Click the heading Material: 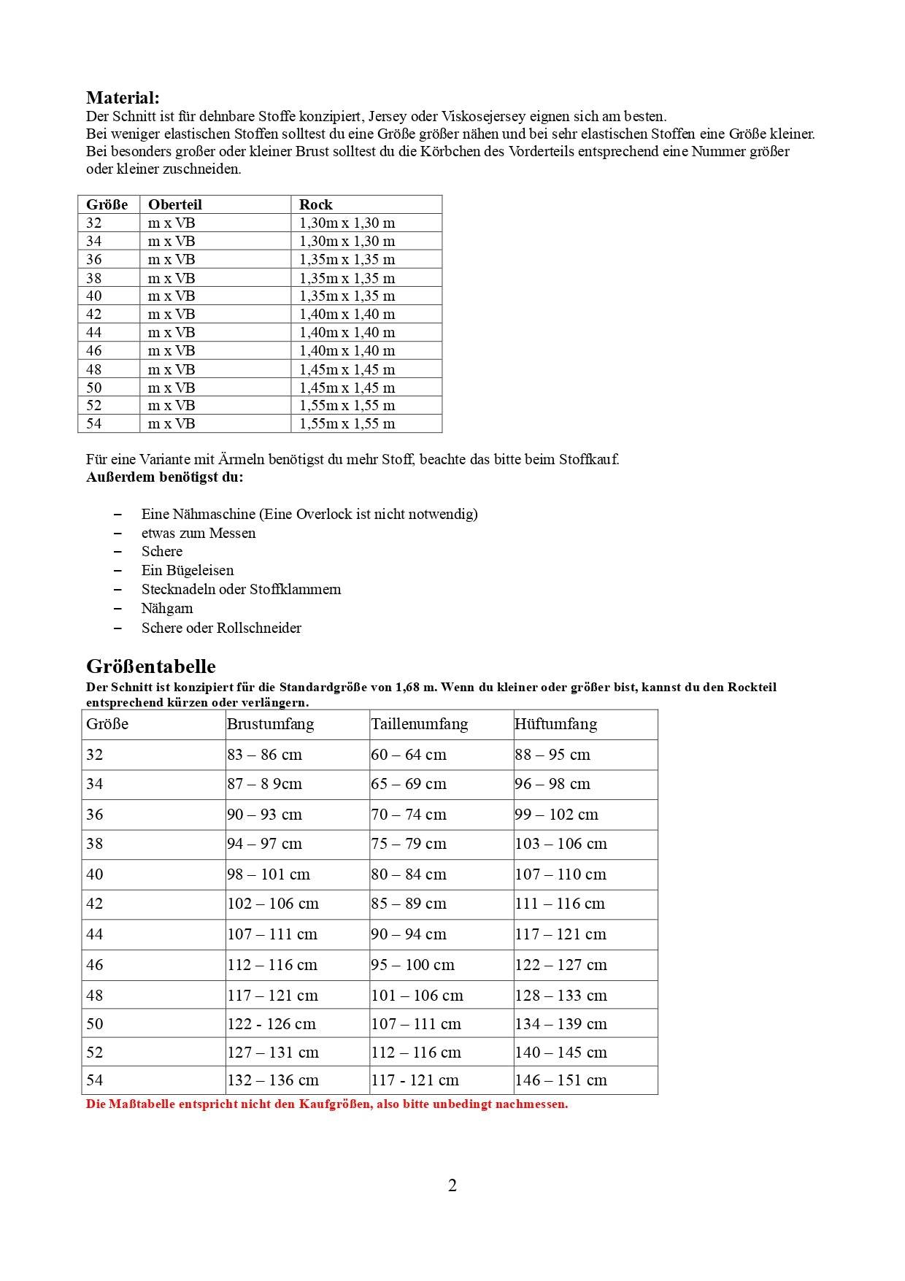(x=123, y=98)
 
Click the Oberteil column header (x=175, y=204)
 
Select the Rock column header (x=315, y=204)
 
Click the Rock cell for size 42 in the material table (x=347, y=315)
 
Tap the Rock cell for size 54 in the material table (x=347, y=424)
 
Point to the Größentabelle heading (x=151, y=666)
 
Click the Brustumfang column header (x=270, y=724)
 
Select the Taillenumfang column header (x=419, y=724)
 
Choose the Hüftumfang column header (x=555, y=724)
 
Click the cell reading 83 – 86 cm (x=264, y=755)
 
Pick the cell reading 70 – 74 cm (x=408, y=815)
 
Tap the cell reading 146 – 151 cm (x=561, y=1080)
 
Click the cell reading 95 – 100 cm (x=412, y=965)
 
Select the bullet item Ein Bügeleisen (x=188, y=571)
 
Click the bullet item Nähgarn (x=167, y=609)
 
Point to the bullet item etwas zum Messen (x=199, y=534)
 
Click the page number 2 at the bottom (x=452, y=1185)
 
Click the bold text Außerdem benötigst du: (x=165, y=477)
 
